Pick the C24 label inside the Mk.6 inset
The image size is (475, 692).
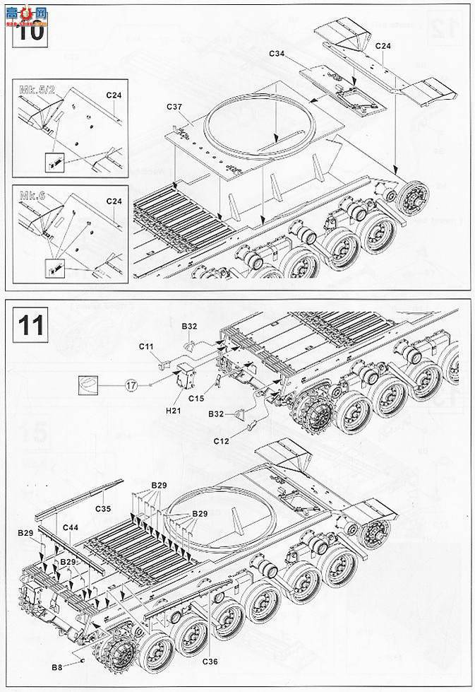(x=114, y=201)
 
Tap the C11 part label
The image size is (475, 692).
(x=146, y=346)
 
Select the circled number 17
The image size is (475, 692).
(x=130, y=385)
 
